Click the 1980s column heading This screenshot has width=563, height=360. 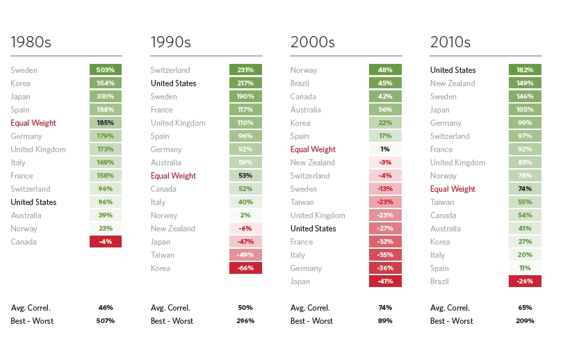(x=31, y=42)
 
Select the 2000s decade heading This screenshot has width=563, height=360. (x=312, y=42)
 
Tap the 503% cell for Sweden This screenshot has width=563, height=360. (x=106, y=70)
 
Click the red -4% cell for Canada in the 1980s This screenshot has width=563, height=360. (x=106, y=242)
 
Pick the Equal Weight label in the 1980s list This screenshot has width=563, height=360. (x=33, y=123)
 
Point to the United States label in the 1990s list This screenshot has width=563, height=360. (x=173, y=83)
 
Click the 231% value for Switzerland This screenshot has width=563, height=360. (x=245, y=70)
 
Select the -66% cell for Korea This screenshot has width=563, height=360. (x=245, y=268)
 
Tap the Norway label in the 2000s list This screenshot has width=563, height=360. (x=304, y=70)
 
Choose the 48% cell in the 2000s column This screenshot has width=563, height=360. (x=385, y=70)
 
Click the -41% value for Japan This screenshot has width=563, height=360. (x=385, y=281)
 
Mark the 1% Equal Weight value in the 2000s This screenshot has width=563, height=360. (x=385, y=149)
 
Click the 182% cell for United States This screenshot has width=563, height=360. (x=525, y=70)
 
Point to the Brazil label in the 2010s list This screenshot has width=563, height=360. (x=440, y=281)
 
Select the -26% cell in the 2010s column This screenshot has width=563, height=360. (x=525, y=281)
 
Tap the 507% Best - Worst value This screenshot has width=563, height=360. (x=106, y=321)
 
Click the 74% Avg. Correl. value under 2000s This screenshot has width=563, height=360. (x=385, y=307)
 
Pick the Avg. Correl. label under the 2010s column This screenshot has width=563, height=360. (x=450, y=308)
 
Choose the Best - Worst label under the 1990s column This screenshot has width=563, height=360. (x=172, y=321)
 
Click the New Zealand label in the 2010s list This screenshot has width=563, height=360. (x=452, y=83)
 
